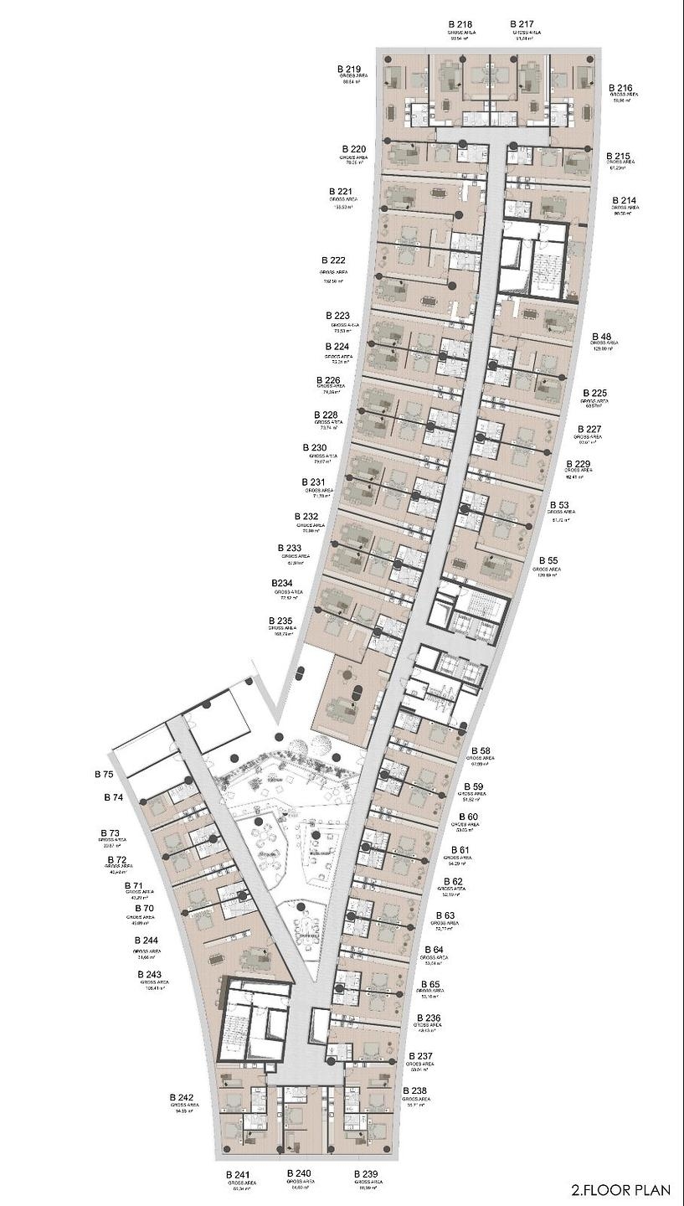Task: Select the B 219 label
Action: click(349, 70)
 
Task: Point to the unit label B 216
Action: click(620, 88)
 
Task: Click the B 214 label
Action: click(624, 200)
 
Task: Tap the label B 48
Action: click(601, 336)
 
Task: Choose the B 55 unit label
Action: click(548, 559)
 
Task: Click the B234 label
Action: click(282, 583)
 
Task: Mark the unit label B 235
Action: click(281, 621)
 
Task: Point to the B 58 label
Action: click(481, 750)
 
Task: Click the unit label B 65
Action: click(430, 984)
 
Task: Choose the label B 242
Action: click(181, 1097)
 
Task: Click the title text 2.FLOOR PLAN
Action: click(620, 1188)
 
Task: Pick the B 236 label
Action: click(427, 1018)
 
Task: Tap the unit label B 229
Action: click(579, 464)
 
